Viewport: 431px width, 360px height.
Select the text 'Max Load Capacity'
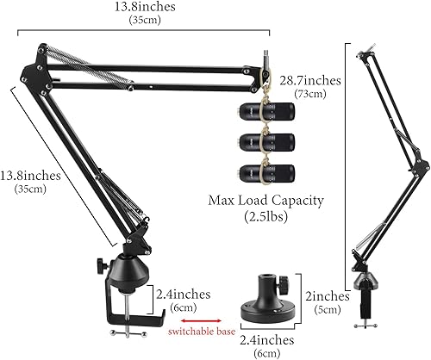pos(265,201)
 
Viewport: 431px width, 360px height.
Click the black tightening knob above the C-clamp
pos(101,258)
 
